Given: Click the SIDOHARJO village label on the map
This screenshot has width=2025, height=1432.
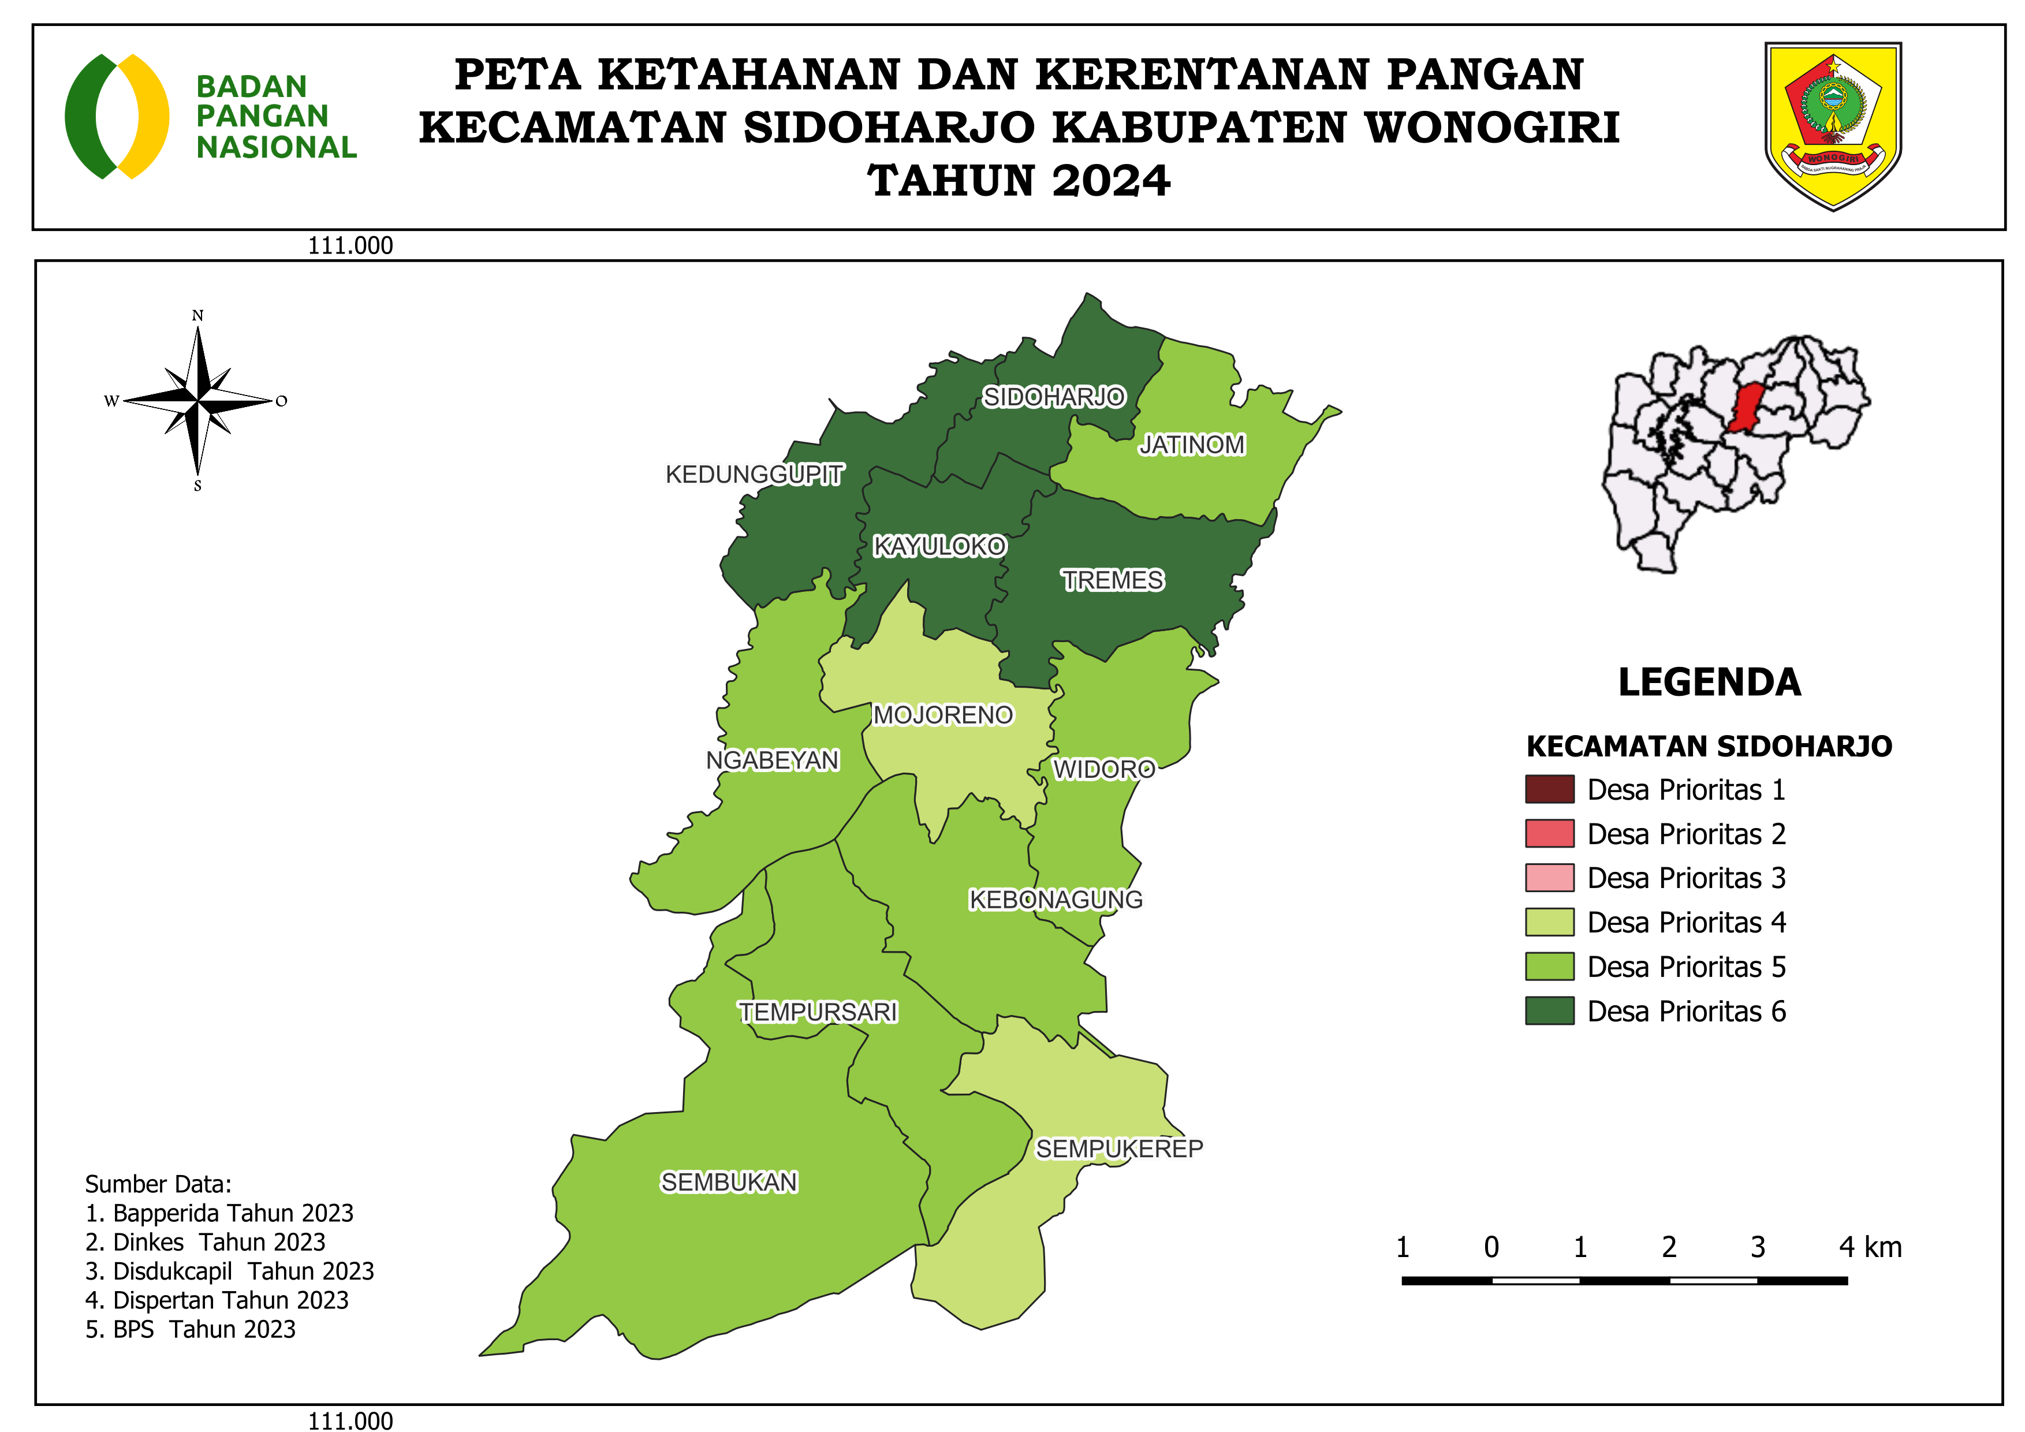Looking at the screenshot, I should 1054,398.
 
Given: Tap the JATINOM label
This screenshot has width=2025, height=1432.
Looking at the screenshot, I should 1192,445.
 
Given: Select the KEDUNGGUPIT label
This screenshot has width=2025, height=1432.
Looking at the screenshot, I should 754,475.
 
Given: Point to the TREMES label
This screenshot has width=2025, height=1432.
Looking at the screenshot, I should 1112,580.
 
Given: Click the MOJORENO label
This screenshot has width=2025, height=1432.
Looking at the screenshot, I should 943,715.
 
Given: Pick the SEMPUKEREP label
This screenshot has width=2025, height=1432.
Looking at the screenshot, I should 1119,1149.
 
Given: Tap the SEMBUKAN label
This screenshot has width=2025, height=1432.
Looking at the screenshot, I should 729,1183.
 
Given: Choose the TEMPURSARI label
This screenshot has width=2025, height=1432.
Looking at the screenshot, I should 818,1012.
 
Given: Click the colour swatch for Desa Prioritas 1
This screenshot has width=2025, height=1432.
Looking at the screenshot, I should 1550,790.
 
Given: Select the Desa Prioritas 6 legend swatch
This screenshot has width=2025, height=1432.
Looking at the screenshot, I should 1550,1012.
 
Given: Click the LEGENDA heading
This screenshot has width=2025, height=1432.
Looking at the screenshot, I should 1709,683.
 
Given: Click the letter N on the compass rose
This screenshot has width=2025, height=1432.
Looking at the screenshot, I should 197,316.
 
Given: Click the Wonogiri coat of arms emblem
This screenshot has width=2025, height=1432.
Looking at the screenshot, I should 1833,125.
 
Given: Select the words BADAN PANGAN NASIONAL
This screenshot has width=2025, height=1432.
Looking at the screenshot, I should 275,117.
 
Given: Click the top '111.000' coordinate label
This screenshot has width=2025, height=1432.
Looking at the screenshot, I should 350,246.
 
